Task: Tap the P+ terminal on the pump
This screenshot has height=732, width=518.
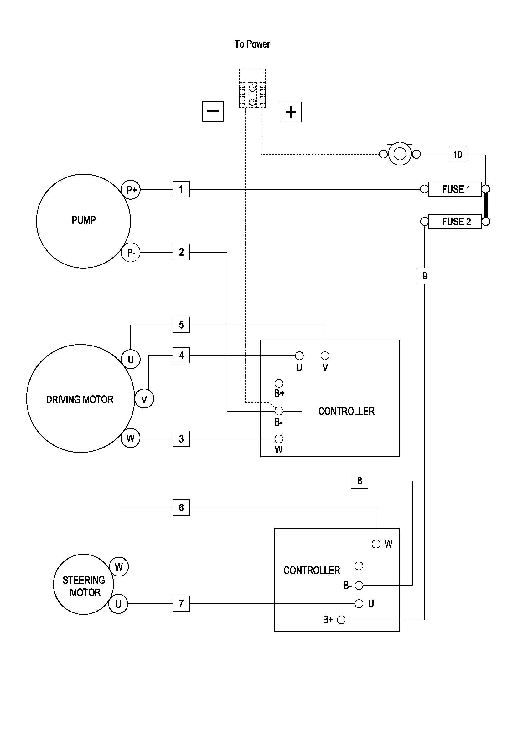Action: click(x=131, y=190)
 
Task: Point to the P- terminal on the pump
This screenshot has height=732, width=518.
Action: click(x=131, y=253)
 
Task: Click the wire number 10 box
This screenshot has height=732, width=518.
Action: click(x=457, y=155)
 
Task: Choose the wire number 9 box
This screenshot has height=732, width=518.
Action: click(x=424, y=276)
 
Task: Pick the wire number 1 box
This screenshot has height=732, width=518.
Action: click(x=181, y=189)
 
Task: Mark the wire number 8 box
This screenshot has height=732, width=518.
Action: click(x=359, y=480)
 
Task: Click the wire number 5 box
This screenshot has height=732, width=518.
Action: click(x=181, y=325)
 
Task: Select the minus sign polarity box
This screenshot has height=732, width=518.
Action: click(x=213, y=111)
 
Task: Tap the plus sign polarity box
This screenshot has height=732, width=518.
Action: click(x=290, y=112)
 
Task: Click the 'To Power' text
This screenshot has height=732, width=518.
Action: click(x=252, y=44)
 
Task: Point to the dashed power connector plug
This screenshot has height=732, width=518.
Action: click(x=252, y=89)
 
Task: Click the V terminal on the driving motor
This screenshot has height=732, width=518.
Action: click(x=144, y=399)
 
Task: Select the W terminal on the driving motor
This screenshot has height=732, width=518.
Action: click(x=130, y=438)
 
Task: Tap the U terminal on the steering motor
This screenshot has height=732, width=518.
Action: click(x=118, y=604)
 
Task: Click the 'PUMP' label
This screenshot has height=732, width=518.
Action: click(x=84, y=220)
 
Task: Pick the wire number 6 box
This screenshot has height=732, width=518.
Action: click(x=181, y=507)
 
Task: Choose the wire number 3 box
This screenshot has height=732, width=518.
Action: click(x=181, y=439)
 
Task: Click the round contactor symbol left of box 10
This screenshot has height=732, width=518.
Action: click(x=399, y=154)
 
